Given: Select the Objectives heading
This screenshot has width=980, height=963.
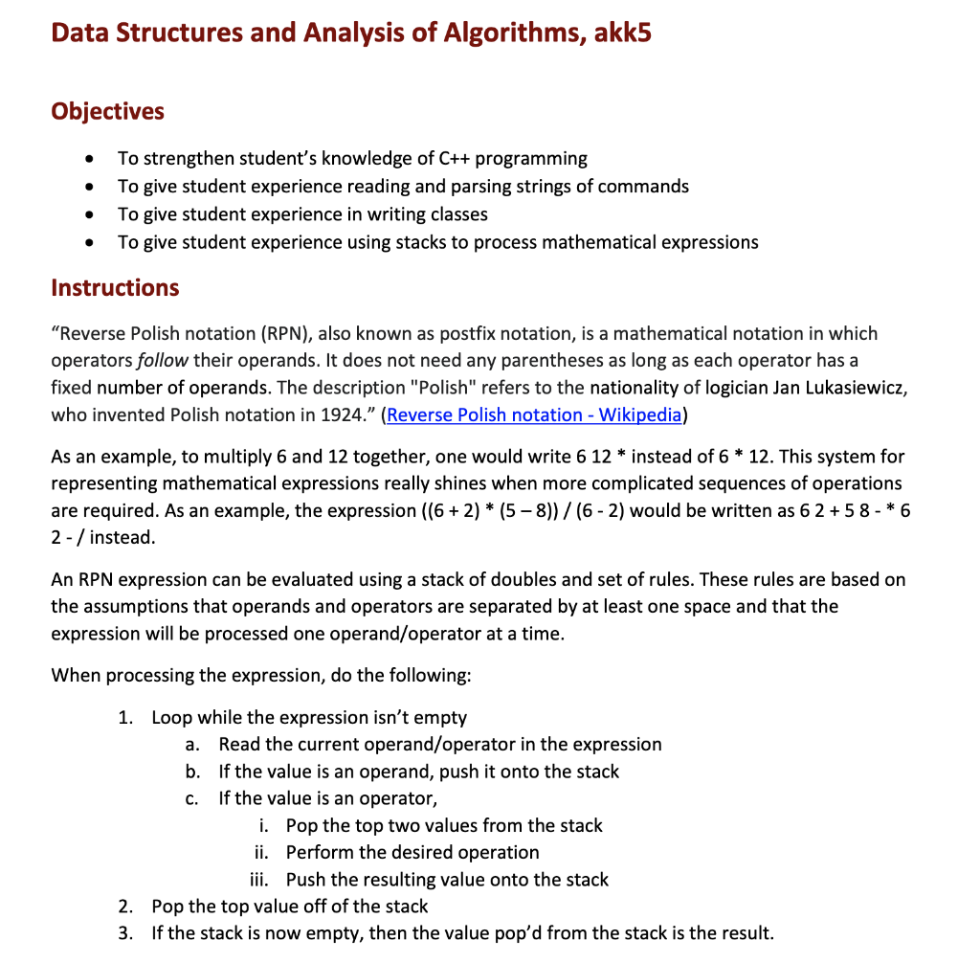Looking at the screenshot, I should [107, 111].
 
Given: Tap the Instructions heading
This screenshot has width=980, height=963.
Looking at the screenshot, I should [115, 287].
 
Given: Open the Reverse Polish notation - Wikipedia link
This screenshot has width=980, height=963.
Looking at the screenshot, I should [534, 414].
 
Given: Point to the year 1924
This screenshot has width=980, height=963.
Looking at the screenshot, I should [350, 414].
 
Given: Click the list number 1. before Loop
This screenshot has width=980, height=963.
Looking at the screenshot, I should [125, 717].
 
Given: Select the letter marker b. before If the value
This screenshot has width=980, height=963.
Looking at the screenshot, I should [192, 771].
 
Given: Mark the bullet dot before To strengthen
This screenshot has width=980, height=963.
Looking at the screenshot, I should [89, 159].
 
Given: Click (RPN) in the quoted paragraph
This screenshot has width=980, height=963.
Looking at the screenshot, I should [283, 334].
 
